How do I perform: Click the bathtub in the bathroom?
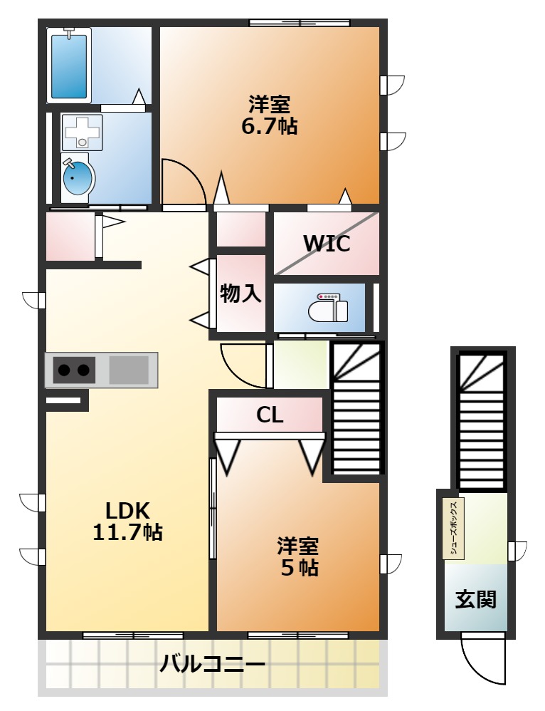(x=69, y=66)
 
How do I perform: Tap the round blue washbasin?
(x=78, y=178)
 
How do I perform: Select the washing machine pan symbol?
(x=82, y=133)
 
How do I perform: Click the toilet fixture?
(x=328, y=308)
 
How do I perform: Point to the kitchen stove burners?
(x=74, y=370)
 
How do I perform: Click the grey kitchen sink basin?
(x=129, y=370)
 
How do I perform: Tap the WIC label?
(x=326, y=244)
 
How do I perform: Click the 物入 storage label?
(x=240, y=294)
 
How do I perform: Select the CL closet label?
(x=270, y=415)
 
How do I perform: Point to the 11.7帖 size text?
(x=128, y=531)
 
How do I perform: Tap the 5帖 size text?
(x=299, y=567)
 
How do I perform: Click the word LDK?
(x=128, y=511)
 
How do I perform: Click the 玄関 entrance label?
(x=476, y=599)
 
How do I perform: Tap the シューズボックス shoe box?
(x=453, y=529)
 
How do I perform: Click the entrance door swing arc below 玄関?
(x=475, y=670)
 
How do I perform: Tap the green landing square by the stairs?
(x=301, y=365)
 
